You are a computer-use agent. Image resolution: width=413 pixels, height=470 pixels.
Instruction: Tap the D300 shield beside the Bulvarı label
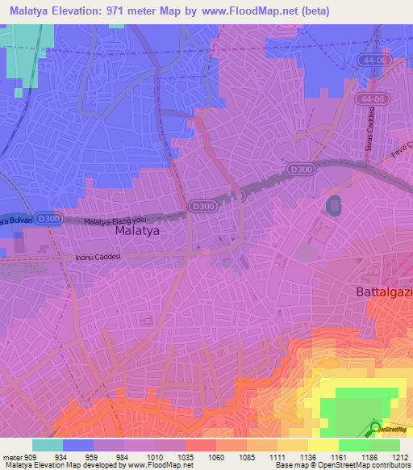pyautogui.click(x=49, y=219)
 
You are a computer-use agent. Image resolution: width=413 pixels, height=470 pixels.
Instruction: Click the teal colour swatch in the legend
pyautogui.click(x=48, y=445)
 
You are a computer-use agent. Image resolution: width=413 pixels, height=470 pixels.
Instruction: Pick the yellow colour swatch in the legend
pyautogui.click(x=323, y=445)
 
